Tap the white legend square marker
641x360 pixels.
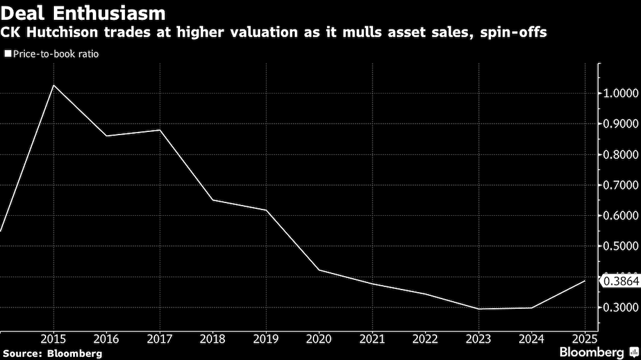click(x=8, y=54)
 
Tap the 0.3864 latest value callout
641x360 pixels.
click(x=619, y=281)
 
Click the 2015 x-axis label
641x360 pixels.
click(x=53, y=338)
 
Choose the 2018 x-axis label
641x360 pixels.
click(x=213, y=338)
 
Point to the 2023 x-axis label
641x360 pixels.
click(x=479, y=338)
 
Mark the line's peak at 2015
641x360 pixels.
click(x=53, y=85)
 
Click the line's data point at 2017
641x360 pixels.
click(x=160, y=130)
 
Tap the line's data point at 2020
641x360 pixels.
click(x=320, y=270)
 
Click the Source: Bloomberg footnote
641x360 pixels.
click(x=52, y=353)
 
